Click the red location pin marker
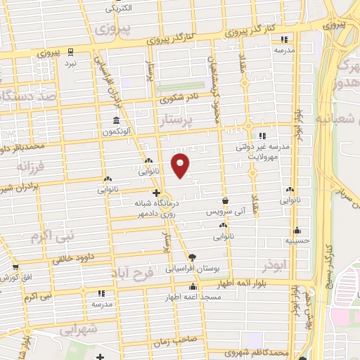(181, 165)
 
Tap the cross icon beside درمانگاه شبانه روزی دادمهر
(156, 193)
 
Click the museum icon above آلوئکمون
(115, 120)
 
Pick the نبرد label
(70, 63)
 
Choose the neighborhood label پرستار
(182, 122)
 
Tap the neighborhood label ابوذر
(275, 267)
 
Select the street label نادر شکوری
(181, 98)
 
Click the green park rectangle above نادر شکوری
(177, 88)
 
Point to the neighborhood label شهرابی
(77, 330)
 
